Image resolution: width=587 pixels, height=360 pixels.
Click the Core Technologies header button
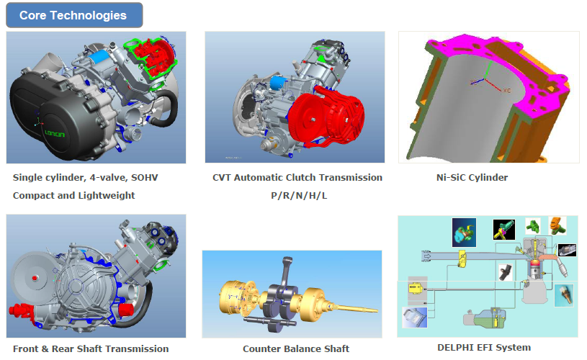74,15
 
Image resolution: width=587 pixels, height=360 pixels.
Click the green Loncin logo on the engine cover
55,133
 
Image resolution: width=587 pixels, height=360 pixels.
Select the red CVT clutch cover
326,115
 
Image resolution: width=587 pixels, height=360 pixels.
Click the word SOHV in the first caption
145,177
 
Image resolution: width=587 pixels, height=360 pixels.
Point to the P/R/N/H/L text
299,195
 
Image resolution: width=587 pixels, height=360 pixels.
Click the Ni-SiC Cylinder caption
472,177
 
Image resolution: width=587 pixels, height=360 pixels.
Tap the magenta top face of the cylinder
498,56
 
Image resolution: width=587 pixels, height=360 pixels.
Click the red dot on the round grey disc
35,278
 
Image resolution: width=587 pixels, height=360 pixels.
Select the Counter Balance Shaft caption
296,348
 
